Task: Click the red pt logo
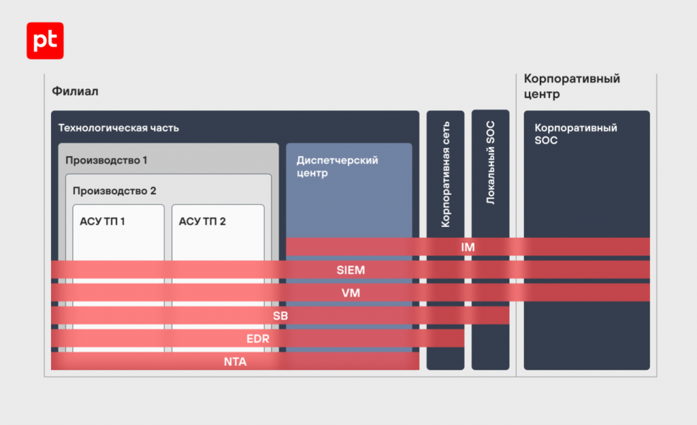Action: coord(45,40)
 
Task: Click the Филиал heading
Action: coord(75,91)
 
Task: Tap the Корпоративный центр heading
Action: coord(572,86)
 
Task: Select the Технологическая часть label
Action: coord(118,128)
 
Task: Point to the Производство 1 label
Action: coord(106,160)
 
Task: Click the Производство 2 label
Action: coord(114,191)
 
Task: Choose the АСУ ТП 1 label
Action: coord(102,221)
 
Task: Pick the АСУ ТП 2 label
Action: coord(202,221)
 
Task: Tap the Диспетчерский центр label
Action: coord(338,166)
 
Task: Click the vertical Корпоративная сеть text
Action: coord(445,174)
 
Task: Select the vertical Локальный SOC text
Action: coord(490,162)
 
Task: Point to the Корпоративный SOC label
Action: coord(576,133)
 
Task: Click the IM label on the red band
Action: coord(468,247)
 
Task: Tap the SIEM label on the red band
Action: coord(351,270)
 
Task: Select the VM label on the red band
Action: coord(351,293)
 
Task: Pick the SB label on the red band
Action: coord(280,316)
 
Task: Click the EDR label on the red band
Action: coord(258,339)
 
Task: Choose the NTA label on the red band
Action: coord(235,362)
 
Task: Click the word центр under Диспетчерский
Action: coord(312,173)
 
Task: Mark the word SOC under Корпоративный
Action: coord(546,140)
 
